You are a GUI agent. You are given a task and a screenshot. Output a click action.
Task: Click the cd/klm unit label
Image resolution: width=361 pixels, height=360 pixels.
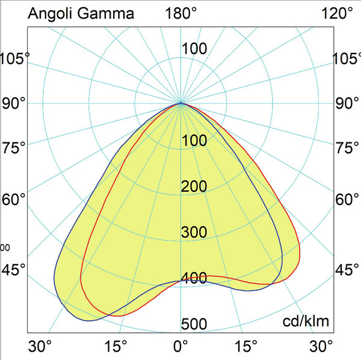coord(306,322)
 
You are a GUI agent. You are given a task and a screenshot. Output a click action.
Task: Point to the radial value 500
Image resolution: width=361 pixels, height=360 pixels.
coord(194,325)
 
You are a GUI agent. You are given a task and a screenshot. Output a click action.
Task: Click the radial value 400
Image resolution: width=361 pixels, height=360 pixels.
coord(194,278)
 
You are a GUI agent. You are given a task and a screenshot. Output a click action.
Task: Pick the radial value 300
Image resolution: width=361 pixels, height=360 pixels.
coord(194,233)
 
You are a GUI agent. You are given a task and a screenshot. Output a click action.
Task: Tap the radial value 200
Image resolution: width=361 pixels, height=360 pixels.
coord(194,187)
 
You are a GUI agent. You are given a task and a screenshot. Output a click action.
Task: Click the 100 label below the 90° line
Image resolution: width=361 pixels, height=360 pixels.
coord(194,141)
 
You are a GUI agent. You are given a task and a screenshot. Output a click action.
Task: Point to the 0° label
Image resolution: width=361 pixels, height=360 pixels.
coord(180,347)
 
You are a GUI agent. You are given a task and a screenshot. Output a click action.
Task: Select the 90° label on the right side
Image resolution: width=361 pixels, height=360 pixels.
coord(347,103)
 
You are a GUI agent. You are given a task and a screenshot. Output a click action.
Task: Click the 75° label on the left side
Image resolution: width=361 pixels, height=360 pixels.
coord(14,148)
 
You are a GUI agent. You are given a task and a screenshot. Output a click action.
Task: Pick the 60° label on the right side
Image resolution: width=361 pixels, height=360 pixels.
coord(347,199)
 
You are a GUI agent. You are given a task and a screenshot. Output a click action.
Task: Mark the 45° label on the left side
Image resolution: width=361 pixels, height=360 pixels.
coord(14,269)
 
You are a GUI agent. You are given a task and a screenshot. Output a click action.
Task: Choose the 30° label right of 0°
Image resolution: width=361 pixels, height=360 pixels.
coord(321,347)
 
